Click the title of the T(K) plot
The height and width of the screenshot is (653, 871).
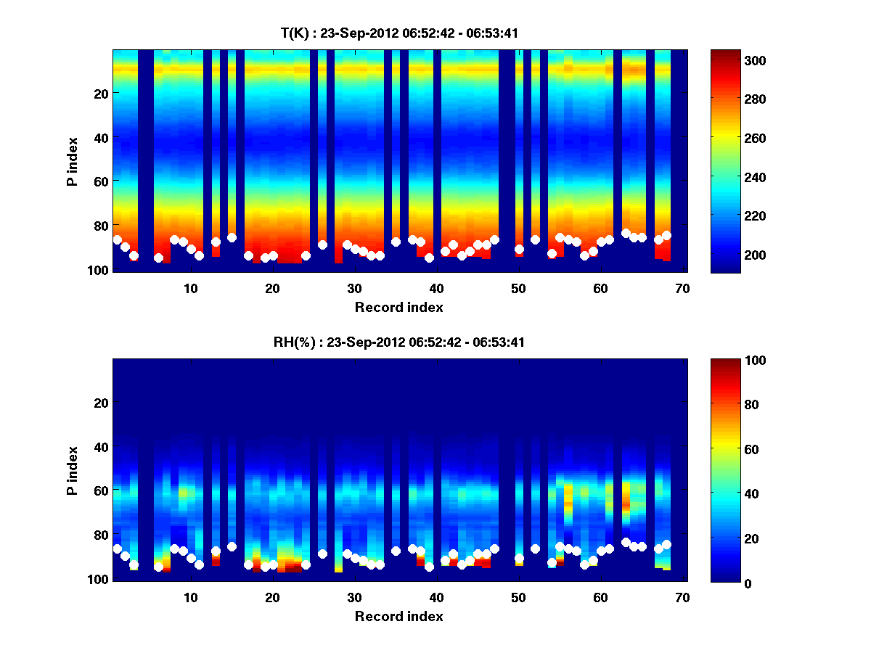point(398,33)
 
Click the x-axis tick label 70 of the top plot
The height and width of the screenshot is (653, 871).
point(682,288)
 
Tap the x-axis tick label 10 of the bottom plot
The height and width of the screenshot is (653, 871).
point(190,598)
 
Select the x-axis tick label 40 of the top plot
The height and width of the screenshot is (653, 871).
point(436,288)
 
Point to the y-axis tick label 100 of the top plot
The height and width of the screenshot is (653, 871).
point(98,270)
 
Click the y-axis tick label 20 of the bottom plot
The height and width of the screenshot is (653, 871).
point(101,403)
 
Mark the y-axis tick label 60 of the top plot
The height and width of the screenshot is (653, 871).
point(101,181)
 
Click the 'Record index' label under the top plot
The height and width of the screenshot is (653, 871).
point(398,307)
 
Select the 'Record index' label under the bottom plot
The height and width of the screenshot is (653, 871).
point(398,616)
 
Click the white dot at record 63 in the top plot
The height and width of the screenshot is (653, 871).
point(626,233)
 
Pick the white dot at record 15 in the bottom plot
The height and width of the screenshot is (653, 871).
point(232,546)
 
